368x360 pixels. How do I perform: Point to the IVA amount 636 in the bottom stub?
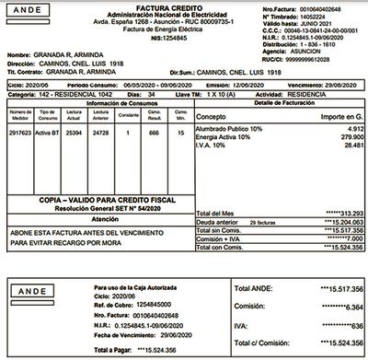pos(344,325)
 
